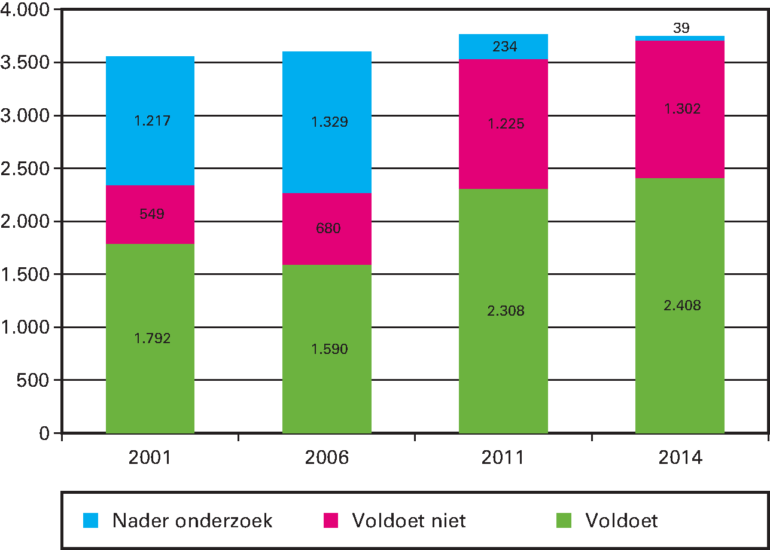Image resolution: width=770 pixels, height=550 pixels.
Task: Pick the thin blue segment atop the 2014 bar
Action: click(x=680, y=38)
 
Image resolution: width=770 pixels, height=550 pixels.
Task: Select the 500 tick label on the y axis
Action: click(x=35, y=380)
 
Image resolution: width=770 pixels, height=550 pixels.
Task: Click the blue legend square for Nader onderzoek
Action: click(x=91, y=520)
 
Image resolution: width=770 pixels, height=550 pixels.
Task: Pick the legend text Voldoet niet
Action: click(x=409, y=520)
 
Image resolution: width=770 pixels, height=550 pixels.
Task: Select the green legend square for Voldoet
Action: click(x=564, y=520)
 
